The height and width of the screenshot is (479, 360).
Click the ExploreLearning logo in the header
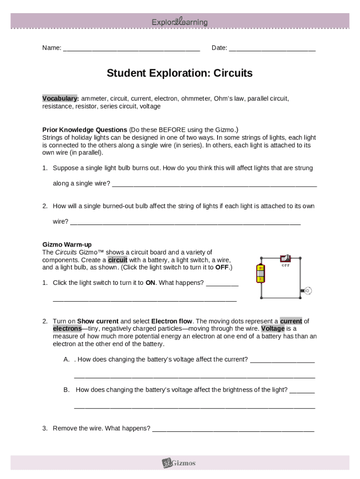[180, 22]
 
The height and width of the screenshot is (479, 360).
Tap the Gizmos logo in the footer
[180, 463]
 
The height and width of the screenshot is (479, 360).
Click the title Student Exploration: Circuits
[180, 73]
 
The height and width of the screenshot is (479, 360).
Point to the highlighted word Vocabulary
[60, 99]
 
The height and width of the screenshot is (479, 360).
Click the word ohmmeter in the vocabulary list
[196, 99]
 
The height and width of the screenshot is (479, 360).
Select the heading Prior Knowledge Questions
[85, 130]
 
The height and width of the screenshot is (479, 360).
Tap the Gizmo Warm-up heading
[67, 245]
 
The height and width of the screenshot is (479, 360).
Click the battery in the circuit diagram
[260, 274]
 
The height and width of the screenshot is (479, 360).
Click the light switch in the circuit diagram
[285, 258]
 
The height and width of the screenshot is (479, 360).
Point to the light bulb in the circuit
[307, 291]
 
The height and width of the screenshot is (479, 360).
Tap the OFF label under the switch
[285, 266]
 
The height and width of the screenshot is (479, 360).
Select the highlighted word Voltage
[273, 329]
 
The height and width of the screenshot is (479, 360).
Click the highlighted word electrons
[67, 329]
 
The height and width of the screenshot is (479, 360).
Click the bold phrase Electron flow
[172, 321]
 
